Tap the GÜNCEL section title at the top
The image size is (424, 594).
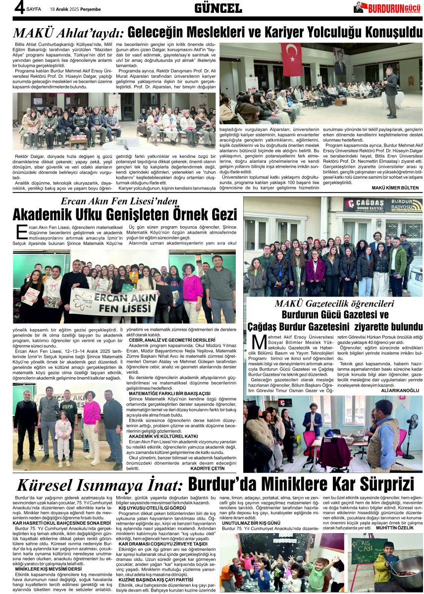pos(218,8)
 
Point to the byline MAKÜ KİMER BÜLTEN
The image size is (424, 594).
pos(395,188)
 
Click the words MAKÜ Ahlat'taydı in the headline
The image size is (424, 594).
pos(68,33)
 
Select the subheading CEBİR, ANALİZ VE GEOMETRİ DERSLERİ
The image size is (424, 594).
pos(172,340)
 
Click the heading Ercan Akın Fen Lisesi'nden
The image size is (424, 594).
pos(119,201)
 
